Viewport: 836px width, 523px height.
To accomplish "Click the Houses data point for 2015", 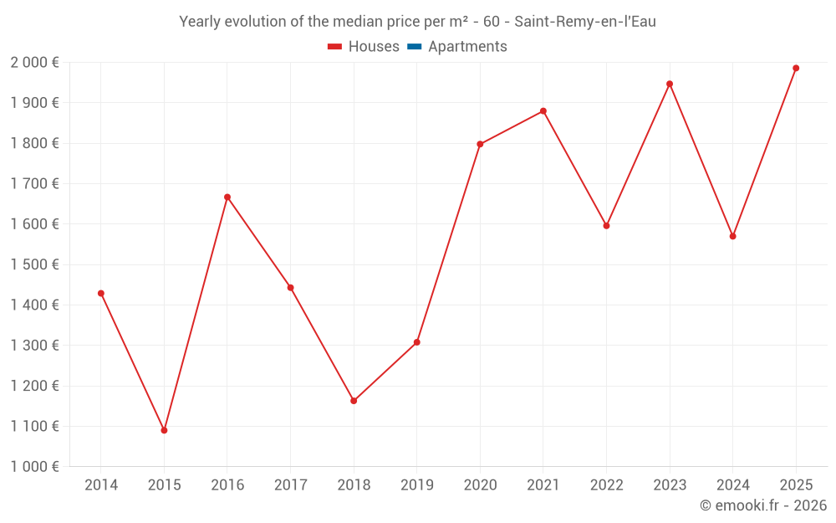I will click(164, 430).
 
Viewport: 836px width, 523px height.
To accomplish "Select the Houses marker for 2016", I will click(227, 197).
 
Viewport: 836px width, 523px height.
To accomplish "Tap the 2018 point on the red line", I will click(354, 401).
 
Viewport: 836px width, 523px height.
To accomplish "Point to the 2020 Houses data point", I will click(480, 144).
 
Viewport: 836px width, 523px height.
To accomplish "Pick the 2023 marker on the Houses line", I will click(670, 84).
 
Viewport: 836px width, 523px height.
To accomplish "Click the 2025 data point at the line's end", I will click(796, 68).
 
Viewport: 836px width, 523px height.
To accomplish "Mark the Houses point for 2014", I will click(101, 294).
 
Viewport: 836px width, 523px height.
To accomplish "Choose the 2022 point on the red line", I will click(606, 226).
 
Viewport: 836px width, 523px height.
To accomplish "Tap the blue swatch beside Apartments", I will click(414, 47).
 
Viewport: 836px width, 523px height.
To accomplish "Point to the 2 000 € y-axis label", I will click(35, 63).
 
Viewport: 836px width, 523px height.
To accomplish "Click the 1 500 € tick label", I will click(35, 264).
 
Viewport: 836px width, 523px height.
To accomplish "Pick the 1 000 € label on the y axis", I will click(35, 467).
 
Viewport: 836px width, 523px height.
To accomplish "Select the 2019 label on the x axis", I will click(416, 485).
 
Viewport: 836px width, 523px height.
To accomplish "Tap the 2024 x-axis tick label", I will click(732, 485).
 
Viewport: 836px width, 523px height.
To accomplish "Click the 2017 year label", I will click(290, 485).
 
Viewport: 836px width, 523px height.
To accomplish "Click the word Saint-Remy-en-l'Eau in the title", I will click(584, 22).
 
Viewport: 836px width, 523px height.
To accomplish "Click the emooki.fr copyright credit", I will click(763, 505).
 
